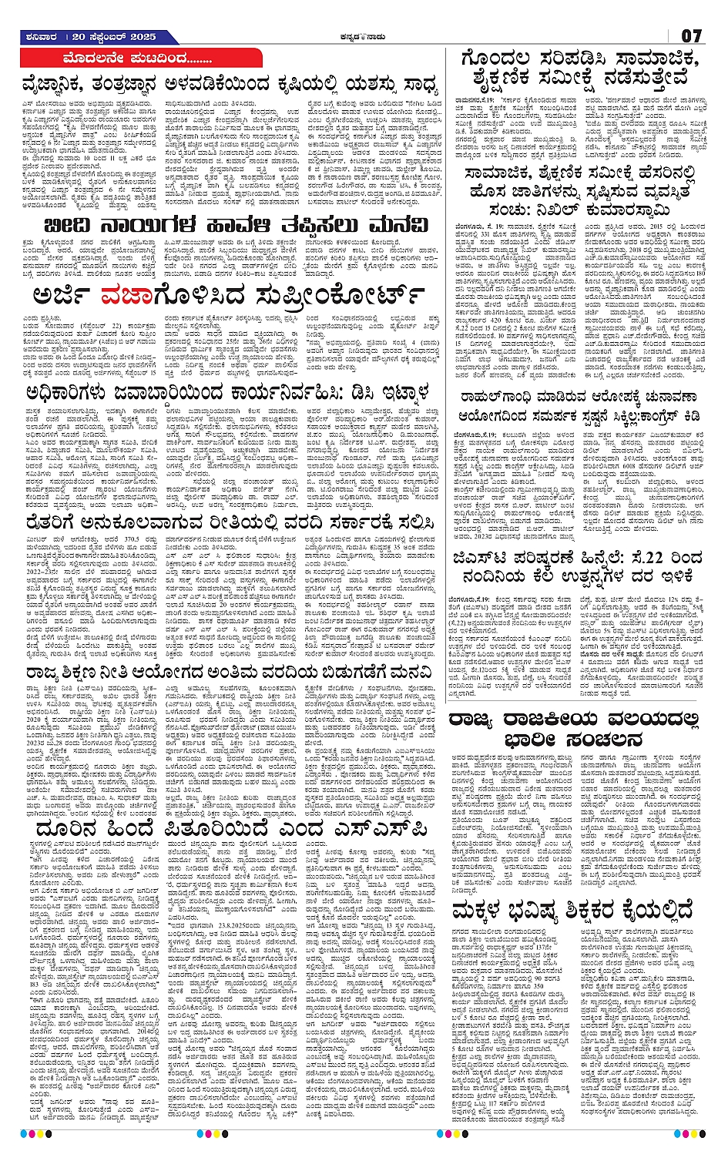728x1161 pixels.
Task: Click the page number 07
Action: pos(690,36)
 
